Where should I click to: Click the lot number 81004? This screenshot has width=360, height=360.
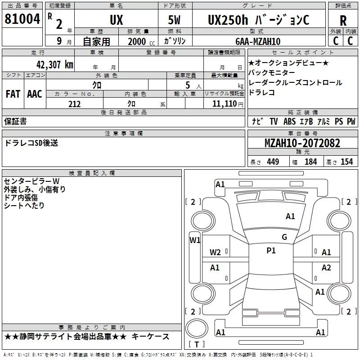tap(22, 19)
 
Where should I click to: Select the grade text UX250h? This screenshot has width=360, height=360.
tap(228, 20)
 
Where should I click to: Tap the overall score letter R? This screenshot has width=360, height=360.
tap(343, 21)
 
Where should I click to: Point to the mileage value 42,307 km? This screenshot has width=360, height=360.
tap(54, 65)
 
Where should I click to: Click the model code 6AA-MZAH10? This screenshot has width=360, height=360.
tap(258, 41)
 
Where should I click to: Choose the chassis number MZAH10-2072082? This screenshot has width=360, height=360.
tap(302, 143)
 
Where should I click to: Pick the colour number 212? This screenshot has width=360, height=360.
tap(74, 104)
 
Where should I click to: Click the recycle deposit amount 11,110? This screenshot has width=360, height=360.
tap(224, 104)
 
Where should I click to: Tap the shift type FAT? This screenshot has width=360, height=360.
tap(13, 94)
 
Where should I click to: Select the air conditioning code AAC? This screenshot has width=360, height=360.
tap(35, 94)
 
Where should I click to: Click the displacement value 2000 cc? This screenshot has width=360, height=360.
tap(141, 42)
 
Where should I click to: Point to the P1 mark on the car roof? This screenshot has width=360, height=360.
tap(271, 250)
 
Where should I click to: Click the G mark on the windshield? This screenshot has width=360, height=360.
tap(284, 237)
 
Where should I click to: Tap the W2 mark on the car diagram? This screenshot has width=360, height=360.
tap(215, 252)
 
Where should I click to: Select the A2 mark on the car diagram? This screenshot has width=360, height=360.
tap(326, 267)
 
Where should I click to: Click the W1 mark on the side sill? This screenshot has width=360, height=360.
tap(195, 240)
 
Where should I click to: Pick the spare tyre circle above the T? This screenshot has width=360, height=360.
tap(197, 328)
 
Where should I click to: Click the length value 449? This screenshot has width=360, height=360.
tap(273, 162)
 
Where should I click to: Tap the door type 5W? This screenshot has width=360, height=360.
tap(174, 20)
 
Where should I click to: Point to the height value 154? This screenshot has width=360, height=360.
tap(346, 162)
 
